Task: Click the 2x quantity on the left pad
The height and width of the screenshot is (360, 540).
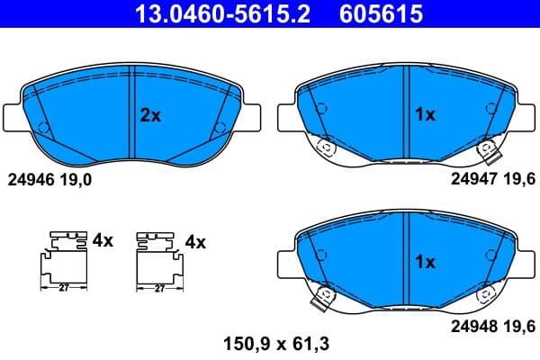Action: coord(149,114)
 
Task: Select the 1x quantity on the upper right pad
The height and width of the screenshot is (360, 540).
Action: coord(424,114)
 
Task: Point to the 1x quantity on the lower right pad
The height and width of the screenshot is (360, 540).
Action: coord(424,262)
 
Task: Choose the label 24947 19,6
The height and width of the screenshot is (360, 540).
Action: coord(492,179)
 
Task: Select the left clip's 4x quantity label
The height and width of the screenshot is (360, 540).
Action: coord(103,240)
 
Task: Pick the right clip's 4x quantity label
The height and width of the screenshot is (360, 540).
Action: coord(195,241)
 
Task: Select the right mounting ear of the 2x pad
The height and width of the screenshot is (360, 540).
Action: coord(253,117)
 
